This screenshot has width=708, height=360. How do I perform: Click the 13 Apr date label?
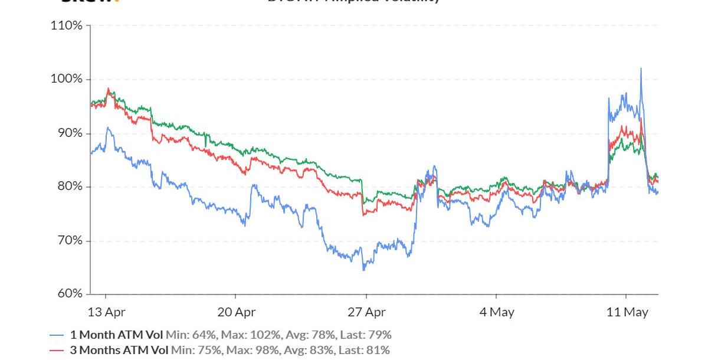tap(106, 312)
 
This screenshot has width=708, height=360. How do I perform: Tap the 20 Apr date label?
tap(236, 312)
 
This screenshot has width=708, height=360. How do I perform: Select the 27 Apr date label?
tap(366, 312)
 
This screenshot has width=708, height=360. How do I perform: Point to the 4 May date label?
tap(497, 312)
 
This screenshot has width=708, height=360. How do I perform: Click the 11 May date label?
tap(627, 312)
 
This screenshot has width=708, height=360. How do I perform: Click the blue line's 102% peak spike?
tap(641, 68)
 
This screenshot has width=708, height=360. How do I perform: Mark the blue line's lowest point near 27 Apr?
tap(364, 270)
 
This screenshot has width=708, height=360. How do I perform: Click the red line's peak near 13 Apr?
tap(108, 89)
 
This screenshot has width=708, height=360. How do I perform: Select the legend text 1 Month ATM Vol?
tap(116, 335)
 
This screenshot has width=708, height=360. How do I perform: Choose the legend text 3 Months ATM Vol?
tap(119, 350)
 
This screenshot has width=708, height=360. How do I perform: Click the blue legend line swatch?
tap(57, 335)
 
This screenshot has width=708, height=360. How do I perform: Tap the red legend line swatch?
tap(57, 350)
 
